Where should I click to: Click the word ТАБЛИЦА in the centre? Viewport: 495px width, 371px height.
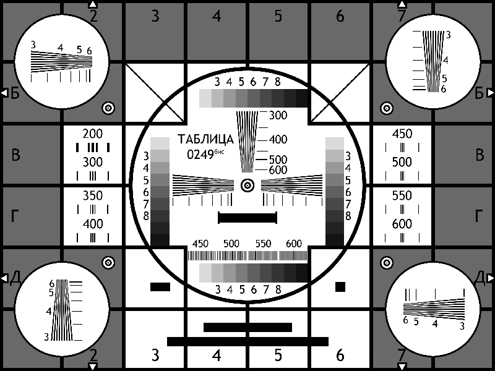pyautogui.click(x=205, y=140)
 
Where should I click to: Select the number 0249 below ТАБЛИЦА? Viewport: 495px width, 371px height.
pyautogui.click(x=200, y=155)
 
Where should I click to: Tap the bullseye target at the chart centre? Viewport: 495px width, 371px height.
pyautogui.click(x=247, y=185)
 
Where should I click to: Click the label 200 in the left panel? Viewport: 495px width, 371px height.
pyautogui.click(x=92, y=134)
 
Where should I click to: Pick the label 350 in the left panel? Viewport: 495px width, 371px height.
pyautogui.click(x=92, y=195)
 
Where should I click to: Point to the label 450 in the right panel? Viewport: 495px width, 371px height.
pyautogui.click(x=402, y=134)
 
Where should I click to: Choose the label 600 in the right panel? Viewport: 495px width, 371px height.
pyautogui.click(x=402, y=224)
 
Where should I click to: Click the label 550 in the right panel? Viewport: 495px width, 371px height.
pyautogui.click(x=402, y=195)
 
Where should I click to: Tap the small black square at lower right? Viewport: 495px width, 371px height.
pyautogui.click(x=340, y=287)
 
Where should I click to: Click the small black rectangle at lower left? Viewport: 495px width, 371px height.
pyautogui.click(x=160, y=287)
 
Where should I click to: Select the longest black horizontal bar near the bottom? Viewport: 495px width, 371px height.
pyautogui.click(x=247, y=342)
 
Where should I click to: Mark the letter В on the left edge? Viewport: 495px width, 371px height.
pyautogui.click(x=15, y=155)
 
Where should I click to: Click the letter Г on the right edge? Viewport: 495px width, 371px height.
pyautogui.click(x=479, y=216)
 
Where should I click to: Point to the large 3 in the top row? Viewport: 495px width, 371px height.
pyautogui.click(x=155, y=16)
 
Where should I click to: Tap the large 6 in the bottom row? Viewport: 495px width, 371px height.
pyautogui.click(x=340, y=356)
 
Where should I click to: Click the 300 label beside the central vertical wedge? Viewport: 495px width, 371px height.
pyautogui.click(x=278, y=115)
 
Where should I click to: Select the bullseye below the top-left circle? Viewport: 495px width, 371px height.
pyautogui.click(x=108, y=108)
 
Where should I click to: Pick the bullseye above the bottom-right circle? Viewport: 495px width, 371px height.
pyautogui.click(x=387, y=262)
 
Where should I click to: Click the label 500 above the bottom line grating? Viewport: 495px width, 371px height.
pyautogui.click(x=231, y=244)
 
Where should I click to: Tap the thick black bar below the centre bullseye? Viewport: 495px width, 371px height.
pyautogui.click(x=247, y=218)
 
